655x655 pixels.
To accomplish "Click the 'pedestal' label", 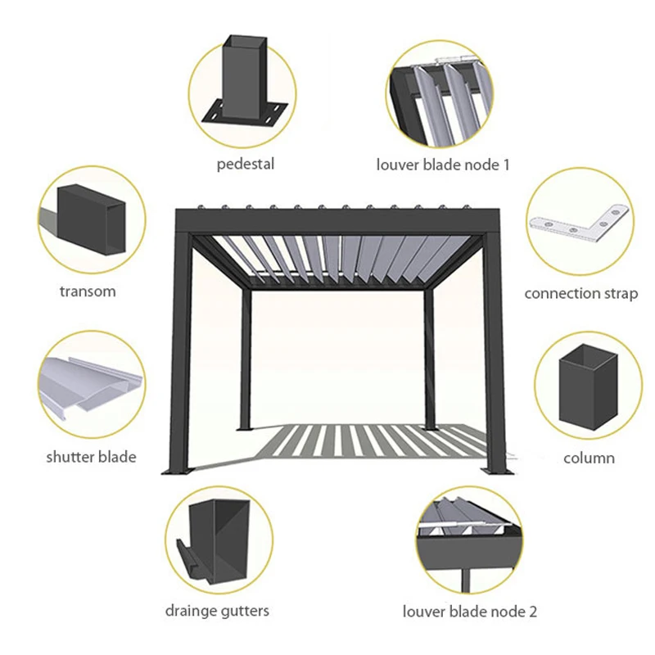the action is point(245,164).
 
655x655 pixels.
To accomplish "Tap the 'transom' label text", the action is point(88,291).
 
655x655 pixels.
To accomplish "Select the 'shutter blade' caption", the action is point(91,457).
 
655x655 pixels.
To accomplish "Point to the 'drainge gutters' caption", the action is point(217,611).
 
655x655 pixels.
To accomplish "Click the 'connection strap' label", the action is point(581,294).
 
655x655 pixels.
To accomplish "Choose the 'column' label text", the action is point(589,458).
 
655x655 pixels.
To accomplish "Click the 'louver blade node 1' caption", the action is point(443,165).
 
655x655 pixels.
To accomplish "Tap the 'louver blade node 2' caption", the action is point(469,612).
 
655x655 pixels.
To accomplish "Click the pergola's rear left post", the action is point(246,359).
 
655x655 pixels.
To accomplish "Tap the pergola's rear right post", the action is point(429,359).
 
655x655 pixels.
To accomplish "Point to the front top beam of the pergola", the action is point(337,220).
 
